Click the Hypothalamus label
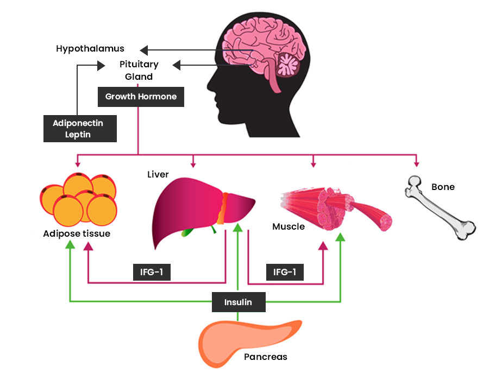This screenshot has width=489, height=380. (90, 49)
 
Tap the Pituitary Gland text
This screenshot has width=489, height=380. (139, 71)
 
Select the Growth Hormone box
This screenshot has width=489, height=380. (141, 97)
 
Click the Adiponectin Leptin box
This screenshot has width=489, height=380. (80, 129)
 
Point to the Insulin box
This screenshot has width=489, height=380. (239, 302)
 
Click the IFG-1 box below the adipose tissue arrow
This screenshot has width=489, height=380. (152, 272)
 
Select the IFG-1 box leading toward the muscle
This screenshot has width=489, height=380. (285, 272)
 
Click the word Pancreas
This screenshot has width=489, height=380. (266, 357)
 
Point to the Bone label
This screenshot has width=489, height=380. (443, 187)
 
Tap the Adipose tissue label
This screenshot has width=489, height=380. (77, 234)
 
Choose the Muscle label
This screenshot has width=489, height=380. (289, 226)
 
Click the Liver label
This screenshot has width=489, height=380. (158, 174)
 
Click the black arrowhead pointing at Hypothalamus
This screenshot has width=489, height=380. (143, 50)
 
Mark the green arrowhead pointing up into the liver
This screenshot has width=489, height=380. (238, 226)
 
